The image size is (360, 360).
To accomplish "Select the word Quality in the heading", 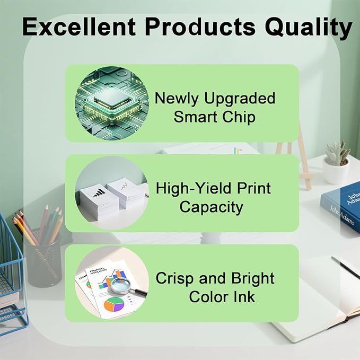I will point(317,27).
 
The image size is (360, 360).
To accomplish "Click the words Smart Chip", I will point(214,117).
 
